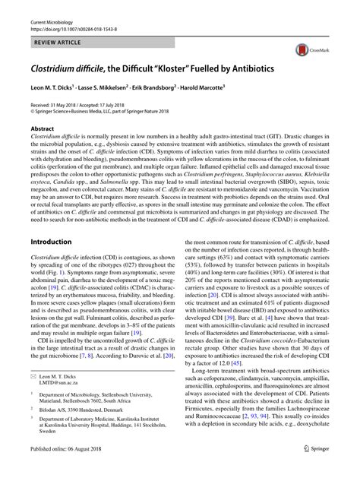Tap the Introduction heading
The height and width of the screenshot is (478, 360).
51,241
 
